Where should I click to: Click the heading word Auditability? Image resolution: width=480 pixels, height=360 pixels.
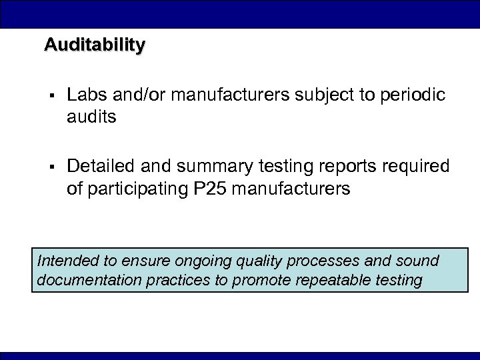click(x=94, y=45)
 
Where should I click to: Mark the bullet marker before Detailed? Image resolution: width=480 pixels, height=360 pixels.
click(x=51, y=166)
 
